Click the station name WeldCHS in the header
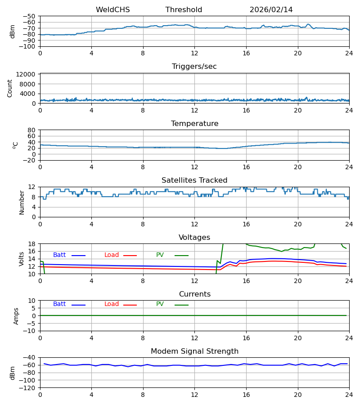[112, 10]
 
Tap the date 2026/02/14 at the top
[271, 10]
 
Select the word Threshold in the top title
[184, 10]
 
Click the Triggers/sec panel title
[194, 67]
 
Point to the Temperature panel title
[194, 124]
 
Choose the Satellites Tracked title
[194, 180]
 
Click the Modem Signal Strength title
[194, 351]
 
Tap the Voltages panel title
[194, 238]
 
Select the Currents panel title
[194, 294]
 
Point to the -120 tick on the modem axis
[28, 387]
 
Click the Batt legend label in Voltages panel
[59, 255]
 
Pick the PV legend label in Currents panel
[160, 304]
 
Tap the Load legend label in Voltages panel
[112, 255]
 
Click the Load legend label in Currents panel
[112, 304]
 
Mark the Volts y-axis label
[22, 259]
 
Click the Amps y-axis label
[17, 316]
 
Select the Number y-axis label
[22, 202]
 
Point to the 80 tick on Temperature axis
[31, 130]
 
